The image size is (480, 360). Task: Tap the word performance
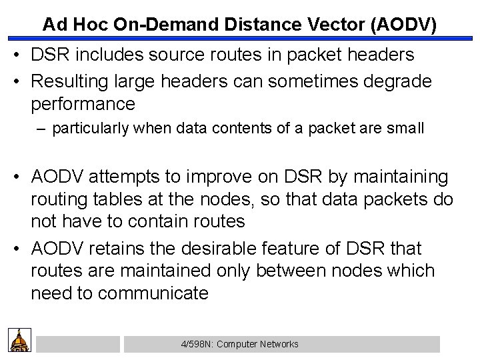coord(83,105)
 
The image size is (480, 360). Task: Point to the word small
coord(406,129)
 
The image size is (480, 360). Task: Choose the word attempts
coord(134,178)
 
